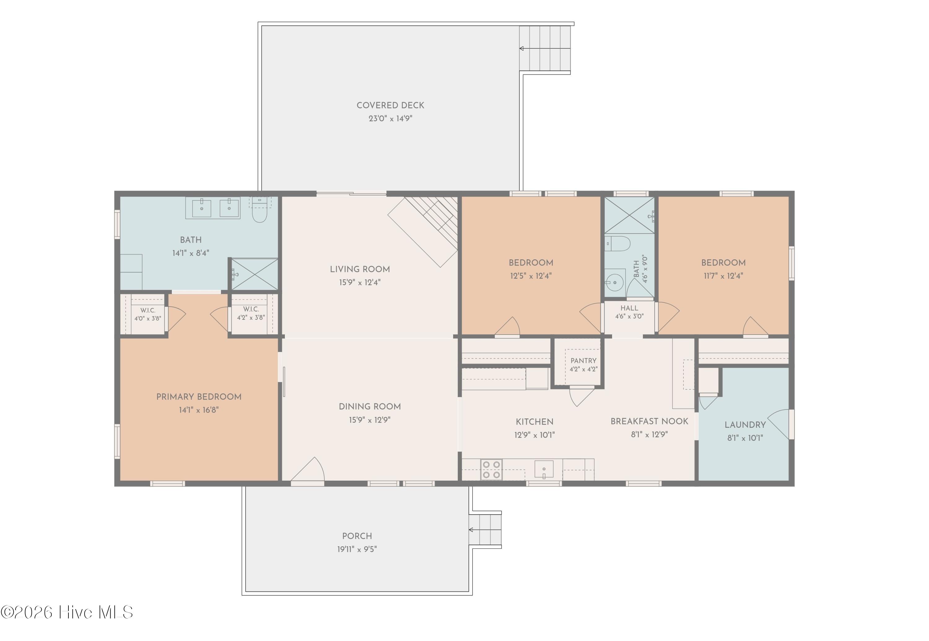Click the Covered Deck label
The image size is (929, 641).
coord(390,105)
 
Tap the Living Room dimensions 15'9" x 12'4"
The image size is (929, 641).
coord(360,282)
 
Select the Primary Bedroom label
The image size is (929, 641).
coord(199,397)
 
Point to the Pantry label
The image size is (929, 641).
coord(583,361)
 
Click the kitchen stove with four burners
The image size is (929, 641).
coord(491,470)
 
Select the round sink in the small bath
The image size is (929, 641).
coord(614,283)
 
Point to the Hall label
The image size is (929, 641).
coord(629,308)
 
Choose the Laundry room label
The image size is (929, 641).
coord(745,425)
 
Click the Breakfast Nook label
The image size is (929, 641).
coord(649,421)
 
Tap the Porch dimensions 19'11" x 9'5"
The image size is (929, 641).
coord(357,549)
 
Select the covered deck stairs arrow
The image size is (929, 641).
coord(545,49)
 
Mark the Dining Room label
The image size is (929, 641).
coord(370,406)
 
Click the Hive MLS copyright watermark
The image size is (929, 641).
coord(67,613)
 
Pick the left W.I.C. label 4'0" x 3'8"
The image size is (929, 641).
coord(148,314)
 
